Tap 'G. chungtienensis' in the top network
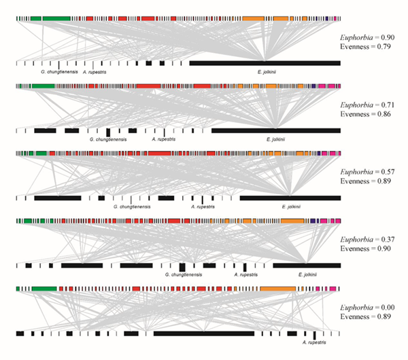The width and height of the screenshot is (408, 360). pyautogui.click(x=58, y=71)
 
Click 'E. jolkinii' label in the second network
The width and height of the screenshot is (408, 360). pyautogui.click(x=275, y=139)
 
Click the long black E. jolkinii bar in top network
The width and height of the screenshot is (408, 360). pyautogui.click(x=265, y=63)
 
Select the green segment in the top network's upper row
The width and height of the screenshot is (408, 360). pyautogui.click(x=56, y=18)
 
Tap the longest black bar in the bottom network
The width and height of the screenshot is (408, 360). pyautogui.click(x=203, y=334)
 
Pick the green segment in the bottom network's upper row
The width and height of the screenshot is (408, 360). pyautogui.click(x=44, y=288)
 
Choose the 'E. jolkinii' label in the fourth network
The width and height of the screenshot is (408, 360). pyautogui.click(x=309, y=275)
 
